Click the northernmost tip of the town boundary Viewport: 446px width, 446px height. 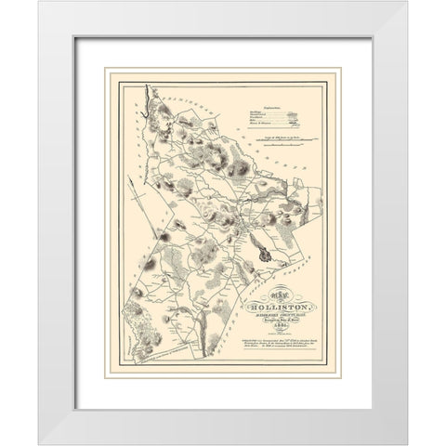(149, 85)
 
